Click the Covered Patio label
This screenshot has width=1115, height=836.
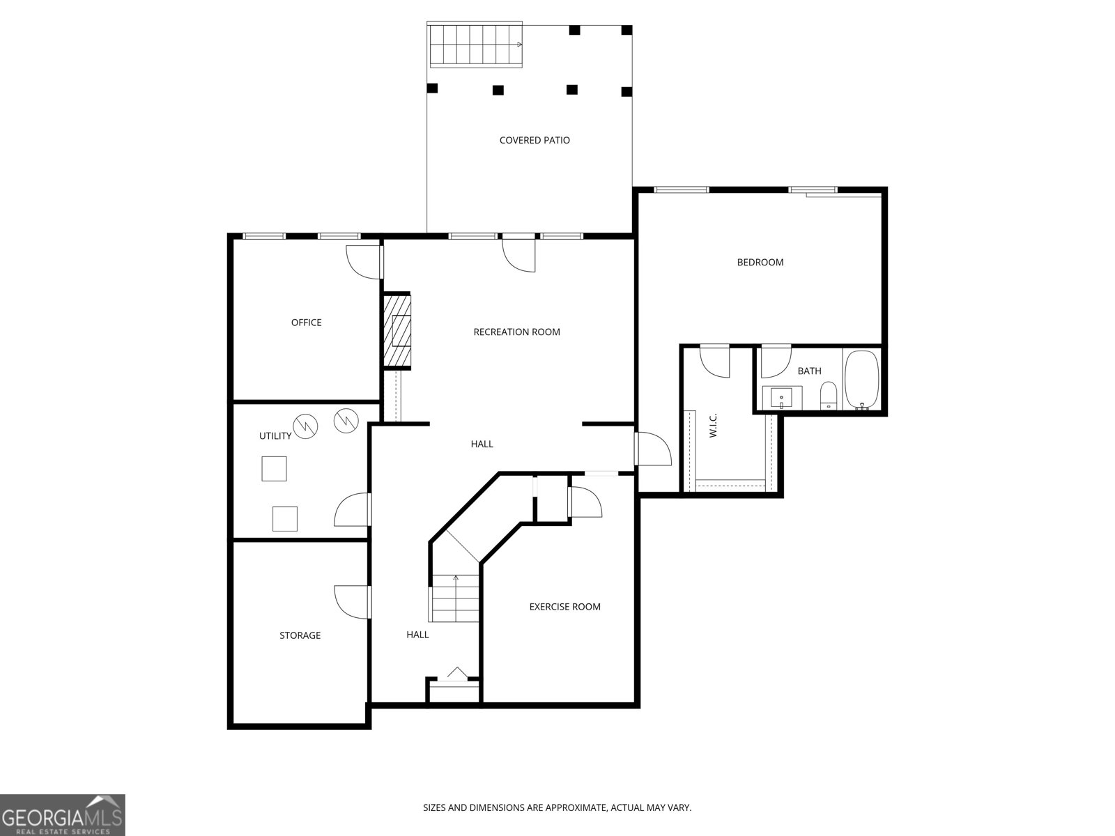tap(535, 140)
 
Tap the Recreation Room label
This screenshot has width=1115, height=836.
tap(516, 332)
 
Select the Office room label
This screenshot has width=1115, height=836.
tap(307, 323)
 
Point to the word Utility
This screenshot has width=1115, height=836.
tap(275, 435)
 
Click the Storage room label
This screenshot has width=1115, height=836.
tap(300, 635)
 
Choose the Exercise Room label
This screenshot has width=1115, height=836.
tap(565, 607)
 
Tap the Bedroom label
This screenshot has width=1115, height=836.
tap(760, 263)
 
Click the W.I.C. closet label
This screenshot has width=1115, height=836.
tap(713, 426)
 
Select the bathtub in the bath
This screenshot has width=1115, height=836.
tap(861, 380)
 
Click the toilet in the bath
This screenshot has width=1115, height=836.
tap(829, 396)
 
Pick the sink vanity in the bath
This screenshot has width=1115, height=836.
tap(782, 397)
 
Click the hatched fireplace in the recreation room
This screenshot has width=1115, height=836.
tap(397, 330)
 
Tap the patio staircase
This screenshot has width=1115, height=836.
tap(476, 45)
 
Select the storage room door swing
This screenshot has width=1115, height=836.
tap(352, 602)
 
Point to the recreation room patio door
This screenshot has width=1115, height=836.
tap(518, 254)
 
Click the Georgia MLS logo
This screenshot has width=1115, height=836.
tap(63, 814)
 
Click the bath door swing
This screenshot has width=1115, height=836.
tap(776, 362)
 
